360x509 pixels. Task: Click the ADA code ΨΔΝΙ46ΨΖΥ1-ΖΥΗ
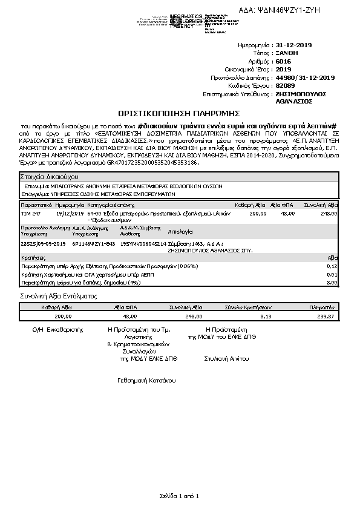[x=296, y=11]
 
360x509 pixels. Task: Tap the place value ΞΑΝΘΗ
[x=286, y=53]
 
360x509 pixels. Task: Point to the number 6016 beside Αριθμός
[x=283, y=61]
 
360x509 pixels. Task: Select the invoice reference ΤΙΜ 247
[x=31, y=214]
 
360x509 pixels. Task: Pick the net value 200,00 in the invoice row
[x=258, y=214]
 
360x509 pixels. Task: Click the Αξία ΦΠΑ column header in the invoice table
[x=282, y=206]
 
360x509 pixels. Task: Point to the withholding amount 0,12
[x=332, y=266]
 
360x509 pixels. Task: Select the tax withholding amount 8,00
[x=332, y=282]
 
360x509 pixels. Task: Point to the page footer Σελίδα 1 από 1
[x=180, y=496]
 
